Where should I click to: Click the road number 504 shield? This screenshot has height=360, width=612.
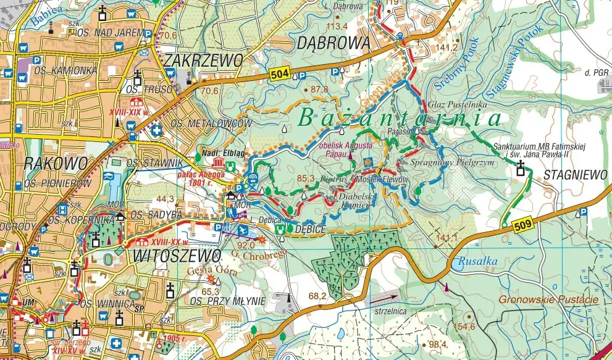[279, 75]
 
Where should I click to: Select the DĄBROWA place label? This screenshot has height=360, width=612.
[333, 43]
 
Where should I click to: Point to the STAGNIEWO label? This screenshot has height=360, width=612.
[576, 175]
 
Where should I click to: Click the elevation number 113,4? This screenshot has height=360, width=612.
[337, 26]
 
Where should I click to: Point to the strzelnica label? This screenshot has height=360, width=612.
[391, 312]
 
